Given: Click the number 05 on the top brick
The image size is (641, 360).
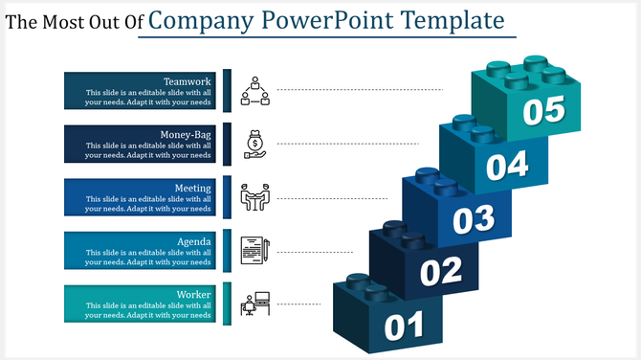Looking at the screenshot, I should point(543,111).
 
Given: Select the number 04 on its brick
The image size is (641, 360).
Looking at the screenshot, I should point(506,167).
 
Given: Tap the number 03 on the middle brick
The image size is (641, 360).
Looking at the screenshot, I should point(473,219).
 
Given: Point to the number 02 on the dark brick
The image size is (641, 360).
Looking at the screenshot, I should point(441,273).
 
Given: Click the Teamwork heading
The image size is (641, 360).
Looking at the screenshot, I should point(188,81).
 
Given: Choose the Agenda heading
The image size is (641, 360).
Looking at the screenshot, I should point(194,241).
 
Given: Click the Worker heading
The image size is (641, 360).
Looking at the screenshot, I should point(194,295).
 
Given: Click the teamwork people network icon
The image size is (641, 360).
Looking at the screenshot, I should point(254,90).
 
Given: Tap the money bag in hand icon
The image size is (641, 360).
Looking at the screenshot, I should point(254,143).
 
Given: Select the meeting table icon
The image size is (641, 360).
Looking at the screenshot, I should point(254,197).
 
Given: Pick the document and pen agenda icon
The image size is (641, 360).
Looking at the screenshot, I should point(254,251).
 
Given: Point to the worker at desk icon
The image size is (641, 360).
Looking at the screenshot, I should point(254,304).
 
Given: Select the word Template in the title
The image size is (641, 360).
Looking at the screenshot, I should point(453,20).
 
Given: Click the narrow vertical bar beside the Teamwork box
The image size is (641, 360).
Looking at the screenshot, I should point(228,90).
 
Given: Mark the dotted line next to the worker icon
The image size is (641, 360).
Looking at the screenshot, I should point(298,304).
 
